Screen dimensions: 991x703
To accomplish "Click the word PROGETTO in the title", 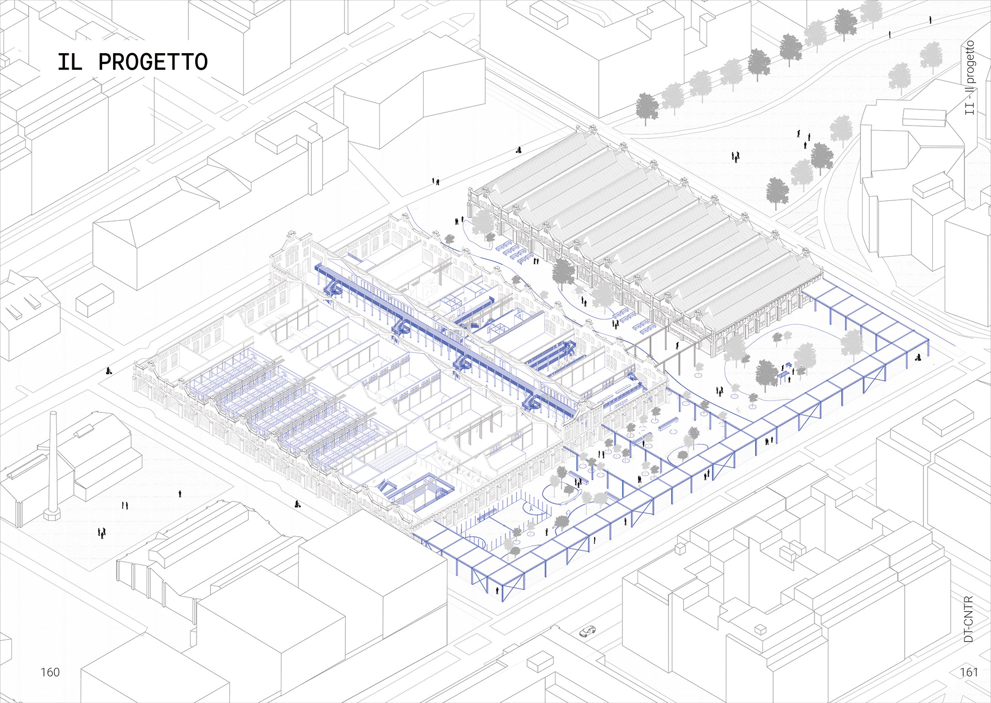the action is (x=153, y=62).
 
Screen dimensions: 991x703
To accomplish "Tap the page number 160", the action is (x=50, y=672).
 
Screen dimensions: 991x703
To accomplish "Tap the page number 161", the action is (x=969, y=672).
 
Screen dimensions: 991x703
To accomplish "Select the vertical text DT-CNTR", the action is (x=968, y=619).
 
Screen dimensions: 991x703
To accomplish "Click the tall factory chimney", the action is (x=53, y=465).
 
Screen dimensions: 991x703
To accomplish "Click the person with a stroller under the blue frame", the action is (x=918, y=356).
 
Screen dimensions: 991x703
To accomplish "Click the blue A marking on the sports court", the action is (x=531, y=508).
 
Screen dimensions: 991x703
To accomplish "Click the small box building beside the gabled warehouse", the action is (x=94, y=300).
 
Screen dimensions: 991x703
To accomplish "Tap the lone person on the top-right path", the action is (x=931, y=20).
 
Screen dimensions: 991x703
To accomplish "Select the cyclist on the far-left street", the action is (x=109, y=371).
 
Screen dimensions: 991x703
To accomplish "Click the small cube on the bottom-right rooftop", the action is (x=760, y=630).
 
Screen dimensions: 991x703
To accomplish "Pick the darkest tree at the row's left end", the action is (x=647, y=107).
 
